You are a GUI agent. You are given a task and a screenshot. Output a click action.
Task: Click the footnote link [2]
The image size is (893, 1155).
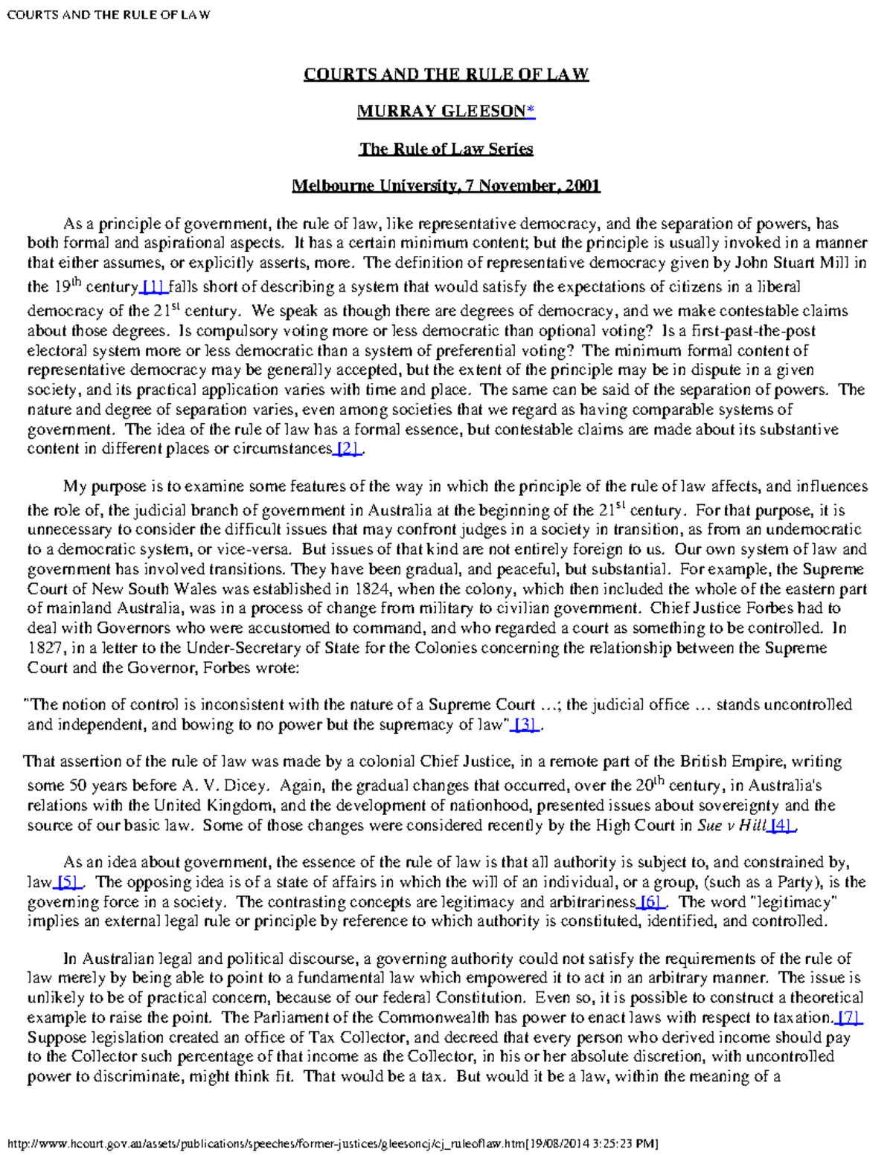348,448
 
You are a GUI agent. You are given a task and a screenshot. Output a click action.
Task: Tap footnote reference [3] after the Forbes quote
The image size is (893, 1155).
525,725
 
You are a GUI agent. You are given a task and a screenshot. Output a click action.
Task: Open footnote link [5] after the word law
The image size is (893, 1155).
68,883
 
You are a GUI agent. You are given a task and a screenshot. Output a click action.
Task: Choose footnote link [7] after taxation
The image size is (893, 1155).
848,1017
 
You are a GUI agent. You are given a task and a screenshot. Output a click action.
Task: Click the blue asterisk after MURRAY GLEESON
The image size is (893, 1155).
530,112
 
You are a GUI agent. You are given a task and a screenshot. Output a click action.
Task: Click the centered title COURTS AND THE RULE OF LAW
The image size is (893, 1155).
446,74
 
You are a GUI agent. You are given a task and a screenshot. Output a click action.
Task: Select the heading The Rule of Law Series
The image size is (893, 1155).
446,149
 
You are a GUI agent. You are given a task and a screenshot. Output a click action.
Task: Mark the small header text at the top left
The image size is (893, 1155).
108,14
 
